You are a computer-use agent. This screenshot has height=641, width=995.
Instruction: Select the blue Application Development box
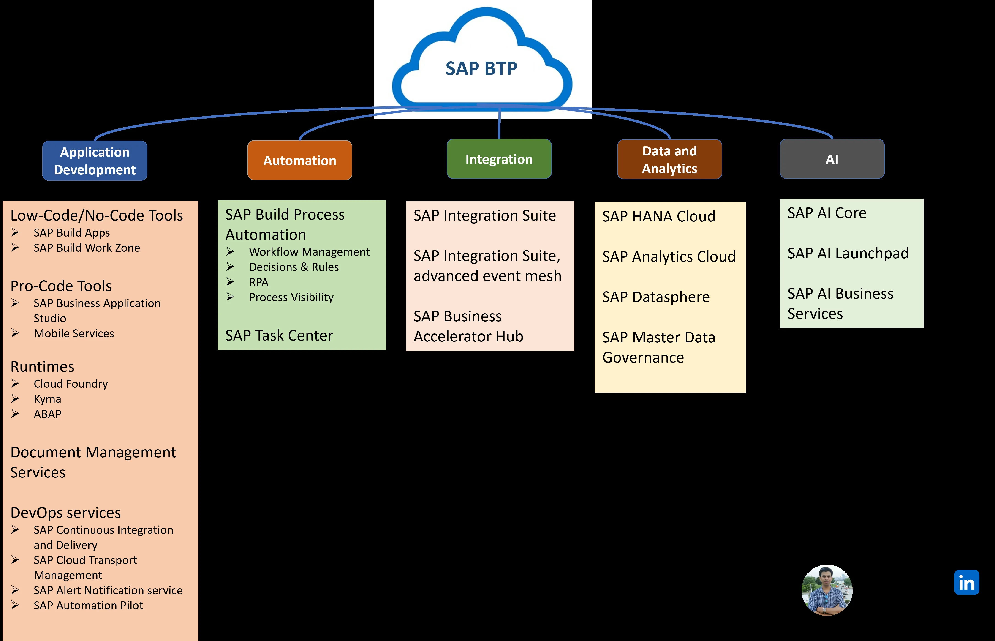(x=95, y=161)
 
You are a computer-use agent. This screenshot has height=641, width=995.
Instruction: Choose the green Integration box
(x=499, y=159)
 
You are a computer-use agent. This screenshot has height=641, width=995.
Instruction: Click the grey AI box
(x=832, y=159)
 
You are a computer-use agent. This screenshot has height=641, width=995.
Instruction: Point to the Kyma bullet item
(x=47, y=399)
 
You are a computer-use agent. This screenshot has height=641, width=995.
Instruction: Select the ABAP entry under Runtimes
(x=47, y=414)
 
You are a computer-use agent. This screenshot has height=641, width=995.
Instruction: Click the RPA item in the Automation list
(x=258, y=282)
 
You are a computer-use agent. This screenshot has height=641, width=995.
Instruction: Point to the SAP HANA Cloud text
(x=658, y=216)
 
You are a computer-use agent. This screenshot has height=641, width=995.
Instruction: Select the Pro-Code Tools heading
(x=61, y=286)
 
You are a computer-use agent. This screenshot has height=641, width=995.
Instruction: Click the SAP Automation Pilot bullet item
(x=88, y=606)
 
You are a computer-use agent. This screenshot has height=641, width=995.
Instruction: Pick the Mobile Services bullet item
(x=74, y=333)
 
